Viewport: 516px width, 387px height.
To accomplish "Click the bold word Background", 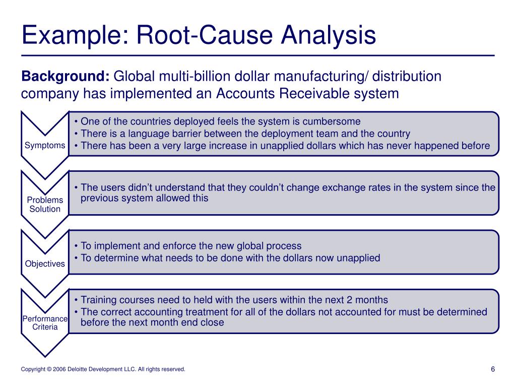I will [x=65, y=77].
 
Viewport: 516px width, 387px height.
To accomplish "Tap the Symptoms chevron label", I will [x=45, y=146].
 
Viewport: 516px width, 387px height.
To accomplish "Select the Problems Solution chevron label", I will [x=45, y=205].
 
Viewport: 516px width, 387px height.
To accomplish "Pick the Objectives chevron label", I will [x=45, y=264].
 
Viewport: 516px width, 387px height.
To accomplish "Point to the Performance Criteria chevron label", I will [x=45, y=322].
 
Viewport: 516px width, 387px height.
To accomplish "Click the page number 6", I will [x=493, y=369].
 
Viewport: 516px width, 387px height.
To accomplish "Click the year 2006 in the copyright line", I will [x=60, y=369].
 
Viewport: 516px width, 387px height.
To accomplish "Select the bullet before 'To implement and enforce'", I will [x=76, y=246].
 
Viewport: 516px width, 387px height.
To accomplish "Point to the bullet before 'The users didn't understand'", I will [x=76, y=187].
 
